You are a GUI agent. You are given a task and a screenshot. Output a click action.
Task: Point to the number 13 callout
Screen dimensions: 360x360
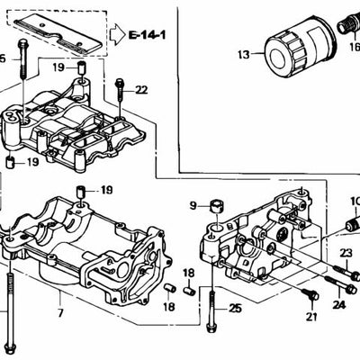tap(243, 56)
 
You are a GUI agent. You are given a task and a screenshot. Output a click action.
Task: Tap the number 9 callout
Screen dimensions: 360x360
tap(192, 206)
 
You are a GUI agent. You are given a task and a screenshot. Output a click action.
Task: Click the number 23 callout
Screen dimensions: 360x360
tap(346, 253)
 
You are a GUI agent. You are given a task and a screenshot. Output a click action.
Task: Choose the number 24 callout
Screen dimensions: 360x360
tap(338, 305)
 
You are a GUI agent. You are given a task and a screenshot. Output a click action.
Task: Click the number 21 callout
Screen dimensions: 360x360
tap(311, 316)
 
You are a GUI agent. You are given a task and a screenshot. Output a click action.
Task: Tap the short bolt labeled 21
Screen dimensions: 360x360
tap(310, 296)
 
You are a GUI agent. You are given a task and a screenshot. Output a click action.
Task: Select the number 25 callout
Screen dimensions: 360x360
tap(236, 309)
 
